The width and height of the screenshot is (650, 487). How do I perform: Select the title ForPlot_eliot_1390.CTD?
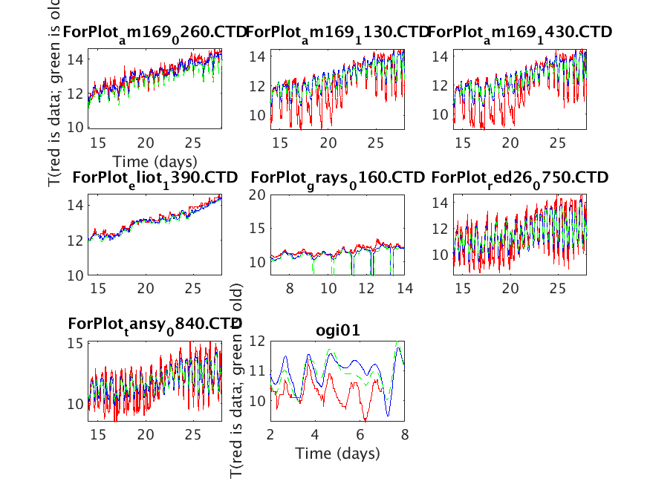click(155, 178)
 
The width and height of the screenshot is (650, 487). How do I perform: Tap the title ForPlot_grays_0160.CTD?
click(337, 178)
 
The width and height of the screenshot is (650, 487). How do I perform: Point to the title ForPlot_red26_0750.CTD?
click(520, 178)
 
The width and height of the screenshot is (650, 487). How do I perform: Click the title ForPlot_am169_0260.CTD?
click(155, 32)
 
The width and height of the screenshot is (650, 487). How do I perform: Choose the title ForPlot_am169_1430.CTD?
click(520, 32)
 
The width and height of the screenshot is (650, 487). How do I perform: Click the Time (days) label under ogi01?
click(337, 453)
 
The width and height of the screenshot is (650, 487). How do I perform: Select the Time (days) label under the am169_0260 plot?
click(155, 161)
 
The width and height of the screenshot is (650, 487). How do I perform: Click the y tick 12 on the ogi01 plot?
click(257, 341)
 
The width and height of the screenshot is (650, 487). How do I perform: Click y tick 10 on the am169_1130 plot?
click(257, 115)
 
